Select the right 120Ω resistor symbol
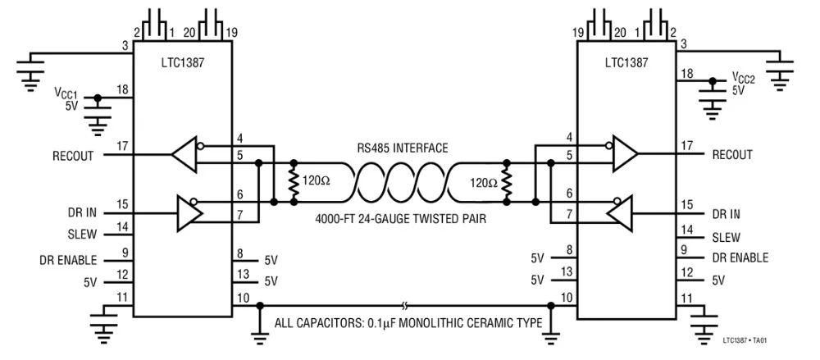point(507,180)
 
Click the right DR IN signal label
point(726,214)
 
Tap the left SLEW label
point(82,234)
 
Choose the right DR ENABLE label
point(740,257)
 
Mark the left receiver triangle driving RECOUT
point(184,154)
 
